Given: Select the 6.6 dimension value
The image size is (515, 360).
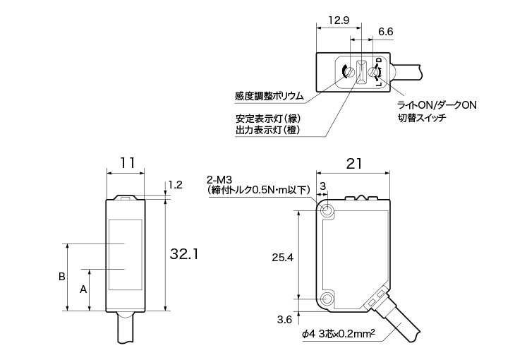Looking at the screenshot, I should (x=386, y=32).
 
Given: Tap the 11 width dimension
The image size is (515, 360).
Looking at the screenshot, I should (x=126, y=162).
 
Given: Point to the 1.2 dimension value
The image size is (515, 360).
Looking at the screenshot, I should (x=176, y=185).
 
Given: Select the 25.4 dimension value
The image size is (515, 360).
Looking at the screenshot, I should (x=283, y=258).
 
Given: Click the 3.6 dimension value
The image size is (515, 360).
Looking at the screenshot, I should (x=284, y=320).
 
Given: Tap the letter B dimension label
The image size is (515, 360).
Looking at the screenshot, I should (x=62, y=276).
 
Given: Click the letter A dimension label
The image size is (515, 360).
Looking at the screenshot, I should (x=83, y=289).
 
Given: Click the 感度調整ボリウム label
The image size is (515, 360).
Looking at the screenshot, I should (x=269, y=96).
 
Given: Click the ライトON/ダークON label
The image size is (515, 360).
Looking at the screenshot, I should (x=437, y=105).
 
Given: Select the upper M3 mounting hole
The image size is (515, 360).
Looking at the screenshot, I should (x=327, y=210).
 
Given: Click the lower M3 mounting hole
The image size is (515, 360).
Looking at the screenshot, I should (x=327, y=299).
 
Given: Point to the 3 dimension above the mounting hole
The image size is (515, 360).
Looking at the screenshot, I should (x=323, y=185).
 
